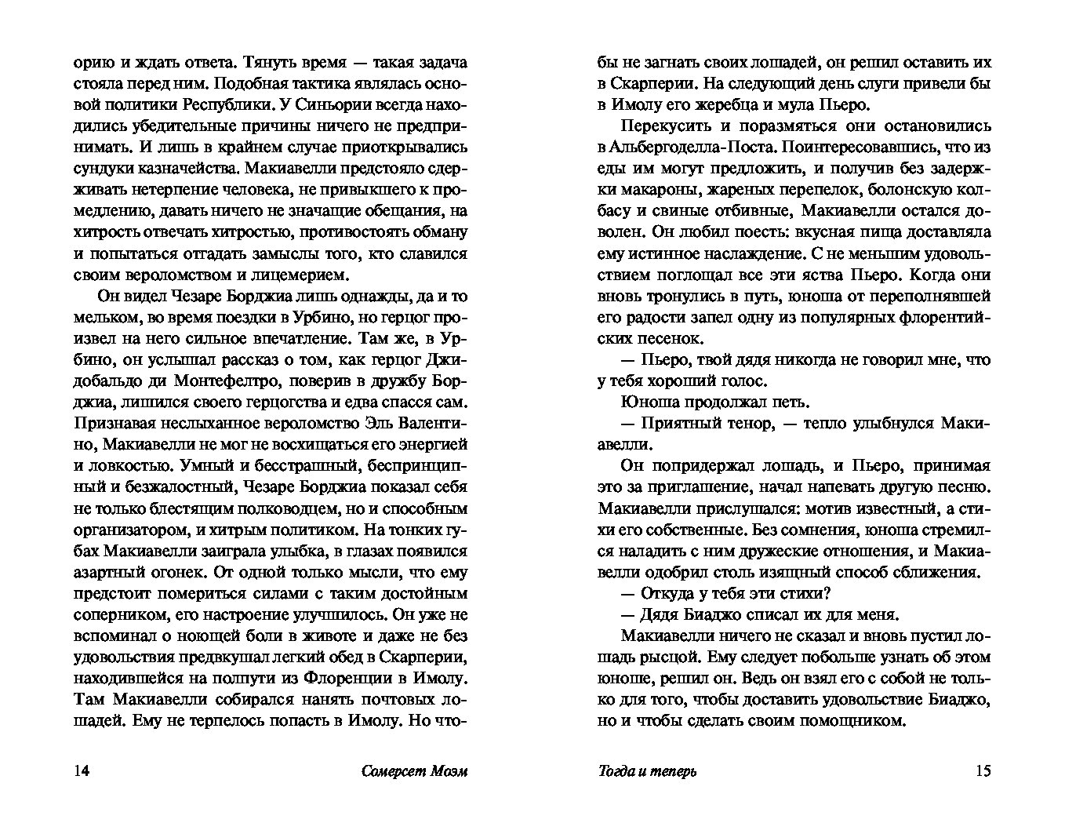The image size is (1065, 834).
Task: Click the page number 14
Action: click(x=80, y=770)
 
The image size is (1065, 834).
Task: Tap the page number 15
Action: click(x=983, y=770)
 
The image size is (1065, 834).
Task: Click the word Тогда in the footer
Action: click(x=616, y=770)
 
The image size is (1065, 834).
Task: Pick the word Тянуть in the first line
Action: click(x=279, y=63)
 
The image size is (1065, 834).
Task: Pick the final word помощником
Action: click(x=849, y=719)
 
